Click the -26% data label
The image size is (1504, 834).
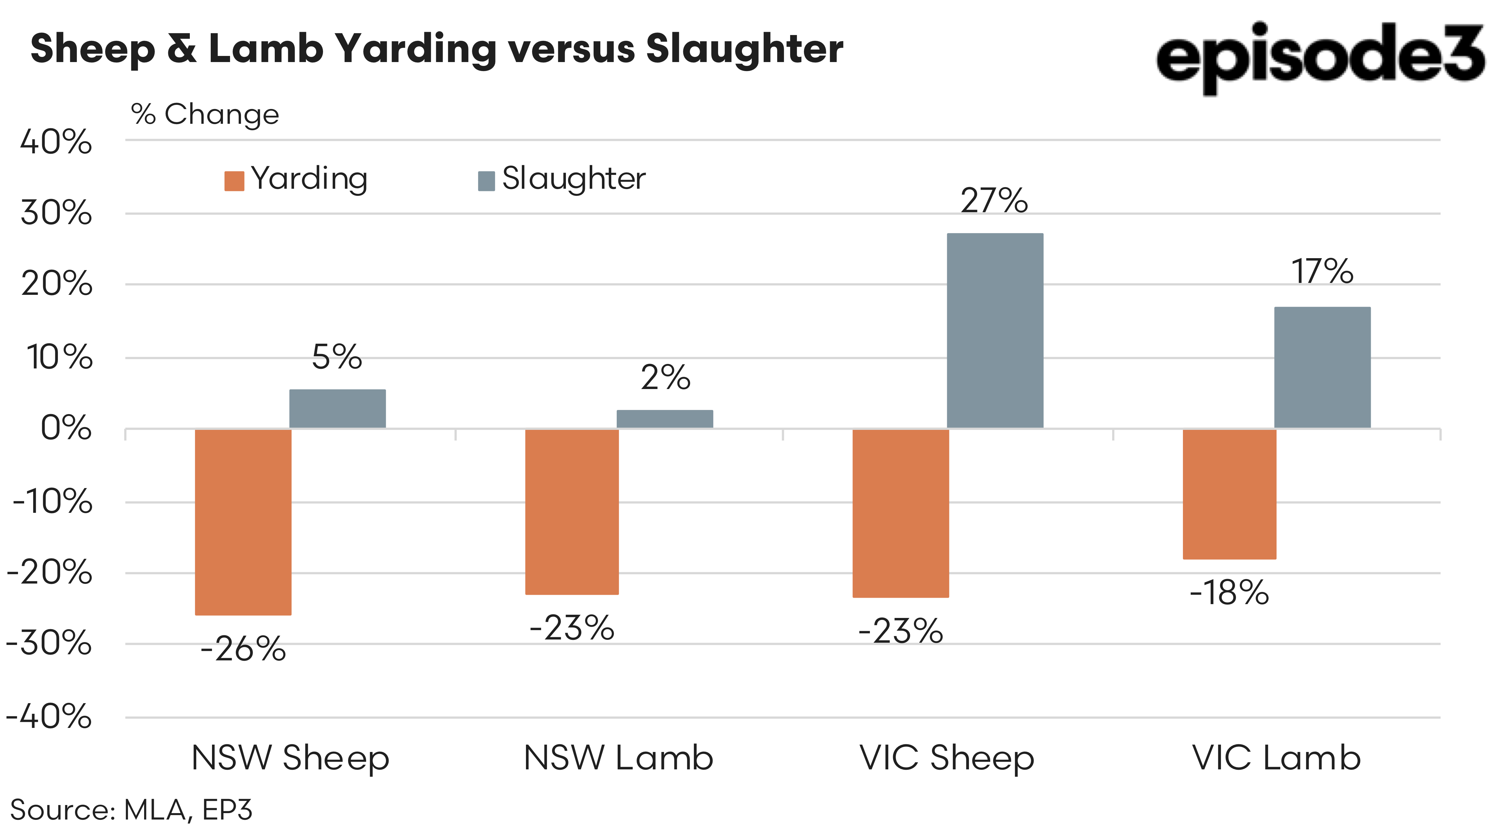[x=243, y=649]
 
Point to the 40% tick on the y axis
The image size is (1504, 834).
[x=56, y=142]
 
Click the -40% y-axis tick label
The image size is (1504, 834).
[x=49, y=717]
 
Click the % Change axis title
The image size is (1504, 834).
[x=205, y=114]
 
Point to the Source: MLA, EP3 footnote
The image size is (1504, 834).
[x=131, y=810]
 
